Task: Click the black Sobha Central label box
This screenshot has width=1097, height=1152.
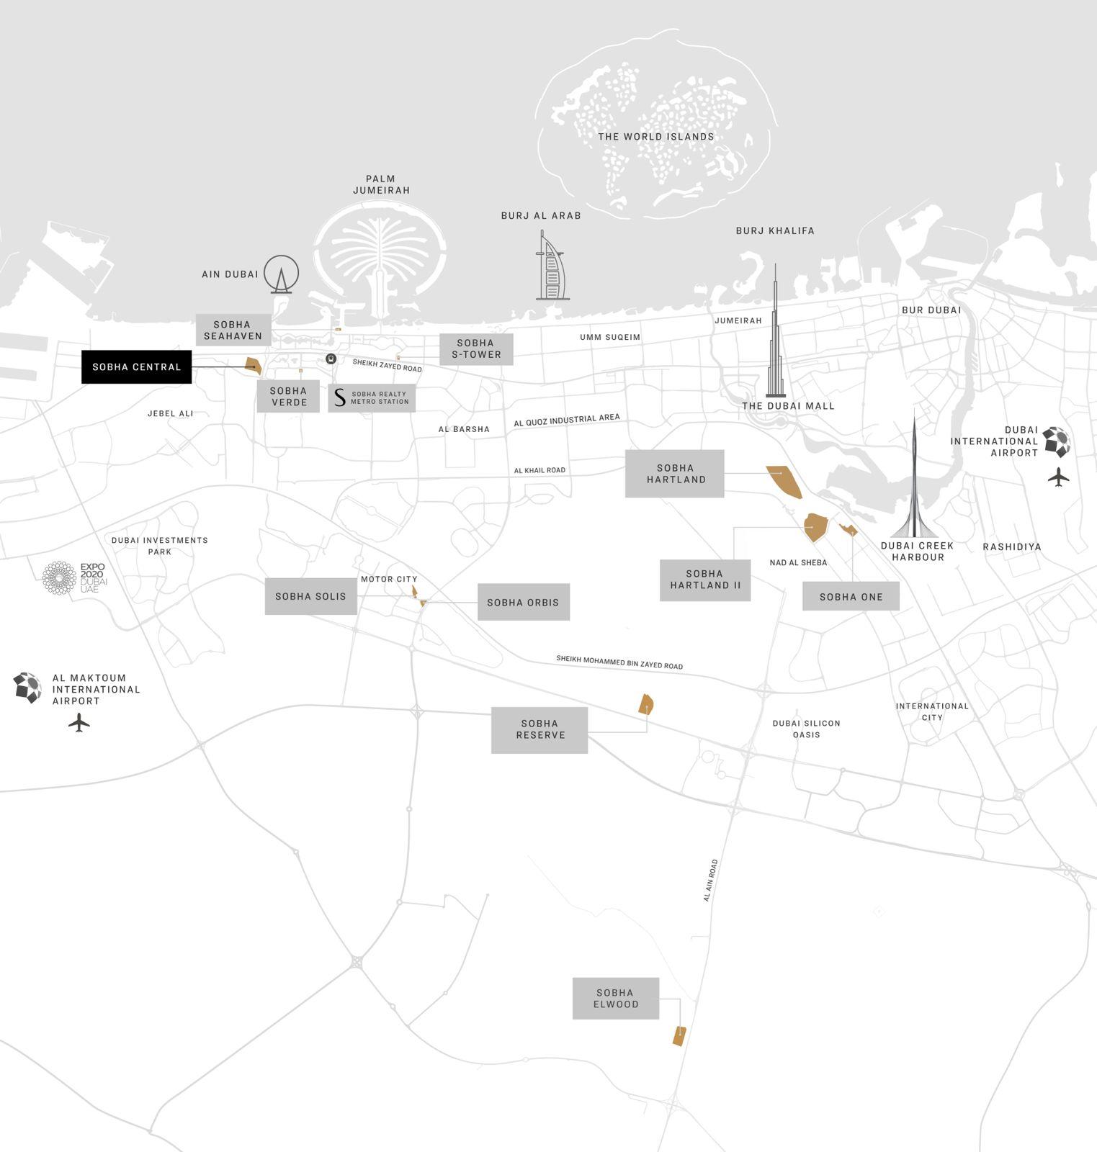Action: point(136,367)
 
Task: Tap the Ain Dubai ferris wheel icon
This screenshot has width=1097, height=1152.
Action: point(281,274)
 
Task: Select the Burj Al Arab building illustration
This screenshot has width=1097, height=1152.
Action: point(552,266)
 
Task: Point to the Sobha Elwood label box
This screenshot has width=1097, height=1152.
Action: point(615,998)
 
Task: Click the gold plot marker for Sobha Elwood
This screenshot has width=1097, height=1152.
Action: point(679,1036)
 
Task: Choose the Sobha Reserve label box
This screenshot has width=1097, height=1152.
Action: point(539,729)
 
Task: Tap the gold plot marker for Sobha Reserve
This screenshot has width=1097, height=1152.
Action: point(645,704)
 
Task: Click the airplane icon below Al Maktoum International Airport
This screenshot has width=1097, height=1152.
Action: point(79,722)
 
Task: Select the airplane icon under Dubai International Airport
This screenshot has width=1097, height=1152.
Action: point(1058,477)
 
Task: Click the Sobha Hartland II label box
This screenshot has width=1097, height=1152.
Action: point(704,580)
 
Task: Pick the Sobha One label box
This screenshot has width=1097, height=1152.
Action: point(851,596)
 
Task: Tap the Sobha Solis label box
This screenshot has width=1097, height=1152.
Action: point(310,596)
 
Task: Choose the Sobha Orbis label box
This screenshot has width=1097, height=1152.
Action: point(523,602)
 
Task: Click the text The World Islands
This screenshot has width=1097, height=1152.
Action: point(655,137)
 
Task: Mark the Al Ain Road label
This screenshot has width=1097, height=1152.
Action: point(710,880)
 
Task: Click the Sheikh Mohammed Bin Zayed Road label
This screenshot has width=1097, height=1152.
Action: point(619,662)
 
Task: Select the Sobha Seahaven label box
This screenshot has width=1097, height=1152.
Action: point(233,330)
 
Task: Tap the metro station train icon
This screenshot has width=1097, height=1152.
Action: point(331,358)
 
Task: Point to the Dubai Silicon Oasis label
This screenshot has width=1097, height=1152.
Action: point(806,729)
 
